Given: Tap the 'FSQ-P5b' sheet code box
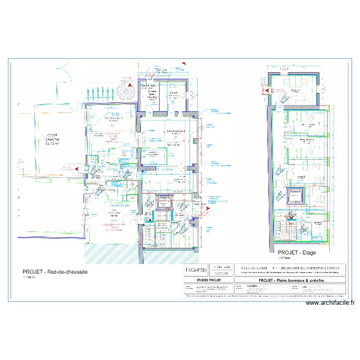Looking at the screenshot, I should (197, 270).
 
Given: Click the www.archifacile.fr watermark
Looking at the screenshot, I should (330, 303).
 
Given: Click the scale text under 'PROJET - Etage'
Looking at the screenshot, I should (285, 257).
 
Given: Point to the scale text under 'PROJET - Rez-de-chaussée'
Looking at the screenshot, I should (29, 277).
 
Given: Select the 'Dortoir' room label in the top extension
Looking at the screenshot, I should (174, 94).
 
